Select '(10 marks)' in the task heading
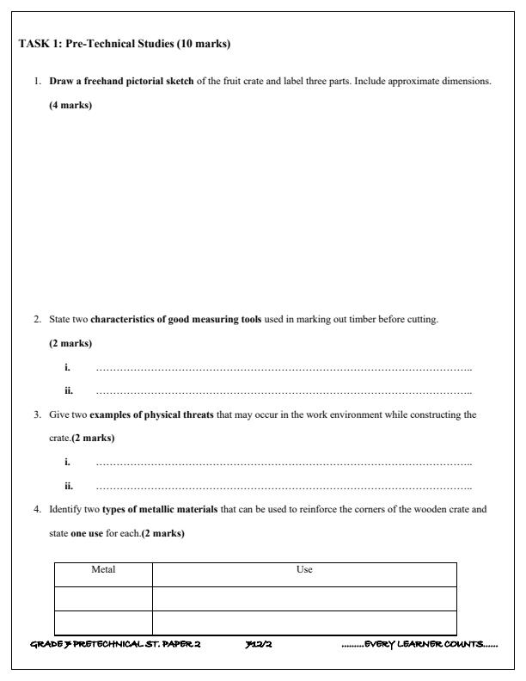[203, 43]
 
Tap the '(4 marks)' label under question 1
[70, 105]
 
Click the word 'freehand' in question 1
[104, 81]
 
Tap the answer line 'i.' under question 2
[284, 368]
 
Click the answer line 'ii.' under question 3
[284, 486]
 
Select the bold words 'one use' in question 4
[86, 533]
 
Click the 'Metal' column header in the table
[103, 569]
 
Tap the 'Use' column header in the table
[304, 569]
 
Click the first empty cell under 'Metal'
[103, 598]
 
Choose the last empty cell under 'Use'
[304, 623]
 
